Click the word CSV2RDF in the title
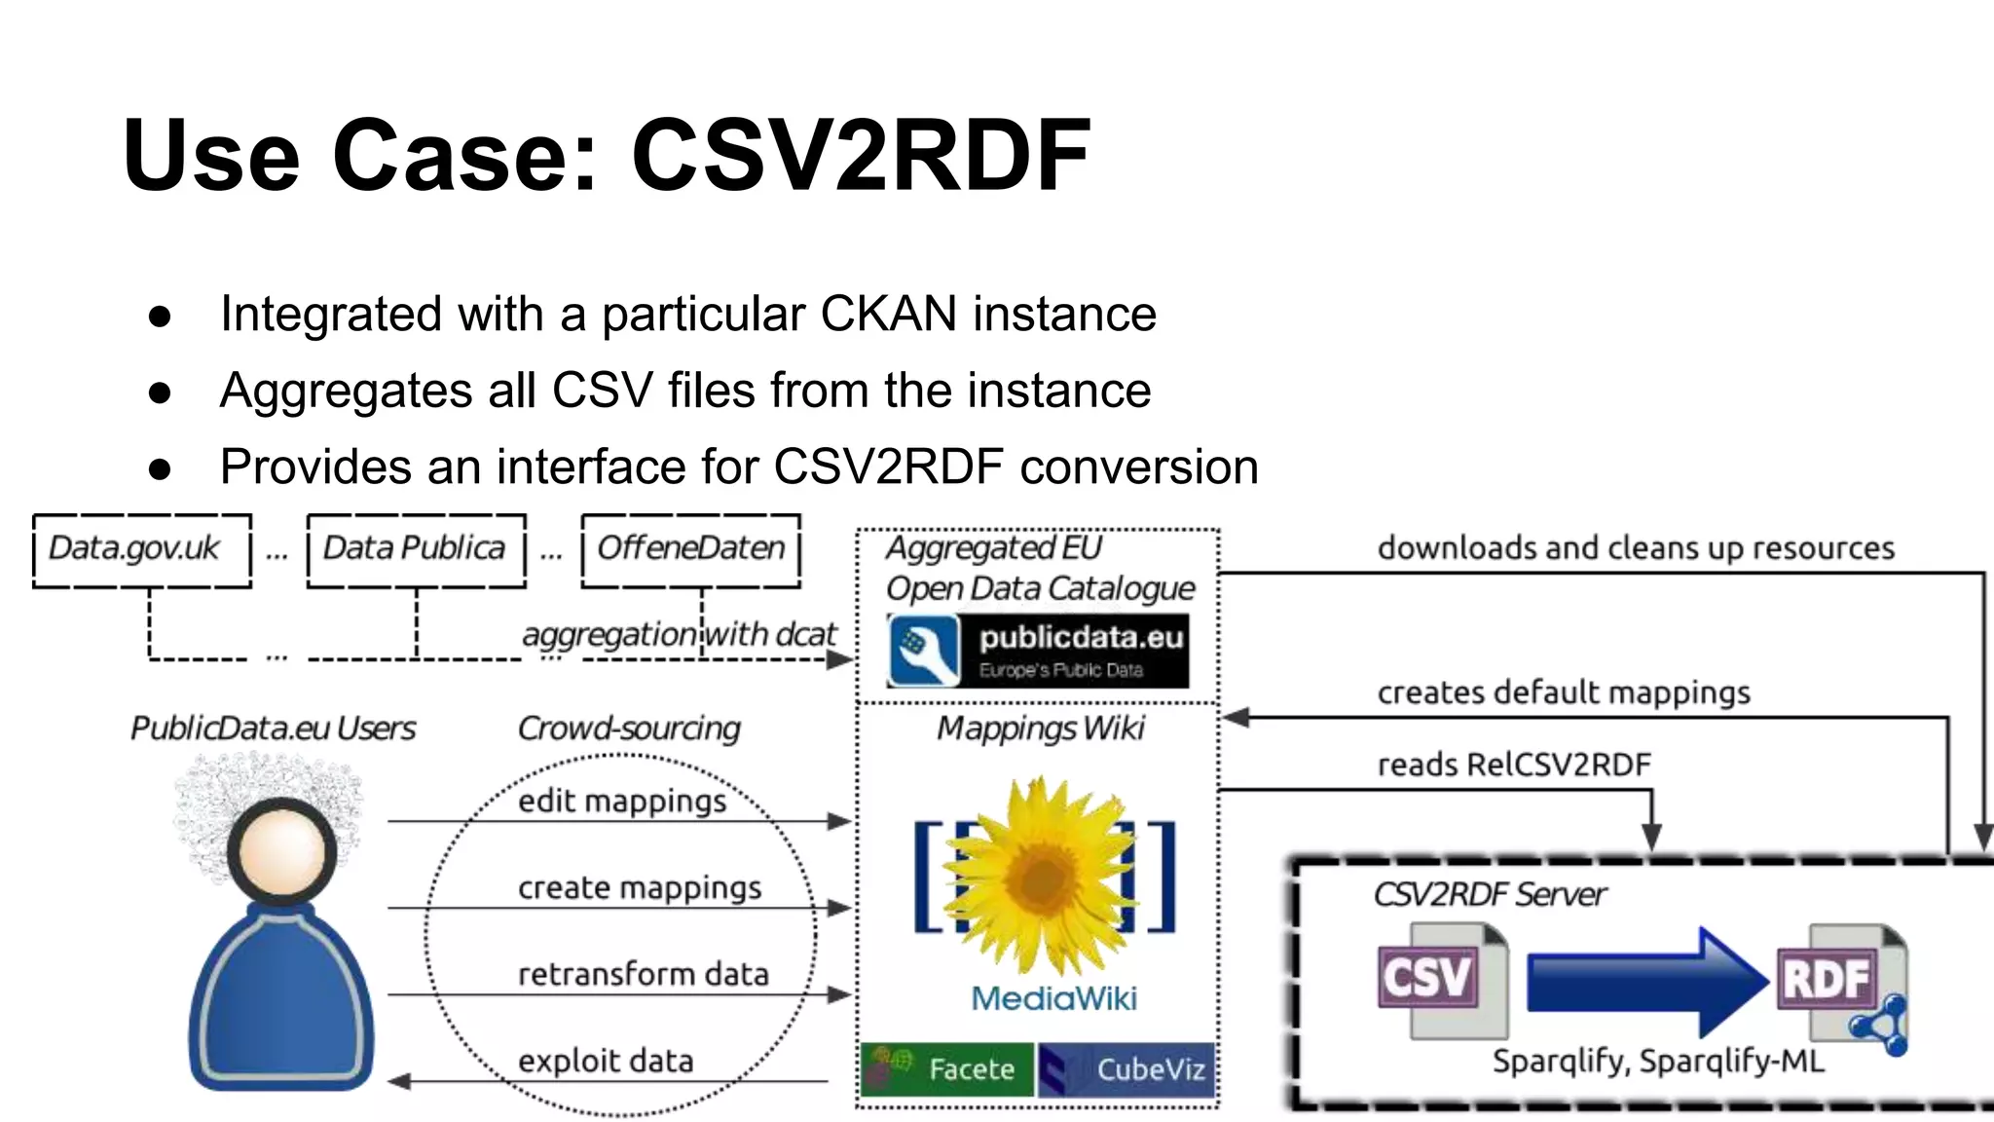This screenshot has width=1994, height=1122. (861, 156)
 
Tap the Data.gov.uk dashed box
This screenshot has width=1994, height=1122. (142, 550)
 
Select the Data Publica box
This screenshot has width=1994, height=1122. (416, 550)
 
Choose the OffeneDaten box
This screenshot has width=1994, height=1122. (690, 550)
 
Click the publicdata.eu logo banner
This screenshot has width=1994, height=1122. (1038, 651)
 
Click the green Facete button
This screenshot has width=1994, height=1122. (947, 1069)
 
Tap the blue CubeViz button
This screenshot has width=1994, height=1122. (1126, 1069)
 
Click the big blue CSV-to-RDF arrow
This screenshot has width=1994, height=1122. (1645, 982)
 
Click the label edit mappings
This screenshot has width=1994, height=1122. (622, 801)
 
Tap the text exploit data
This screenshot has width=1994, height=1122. (606, 1061)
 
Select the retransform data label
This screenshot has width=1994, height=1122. (643, 974)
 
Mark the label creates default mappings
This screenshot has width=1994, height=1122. (1564, 692)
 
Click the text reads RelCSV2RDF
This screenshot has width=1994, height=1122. (1514, 765)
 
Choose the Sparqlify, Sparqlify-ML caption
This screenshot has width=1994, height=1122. (1658, 1061)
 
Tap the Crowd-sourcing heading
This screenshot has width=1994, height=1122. (629, 729)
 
